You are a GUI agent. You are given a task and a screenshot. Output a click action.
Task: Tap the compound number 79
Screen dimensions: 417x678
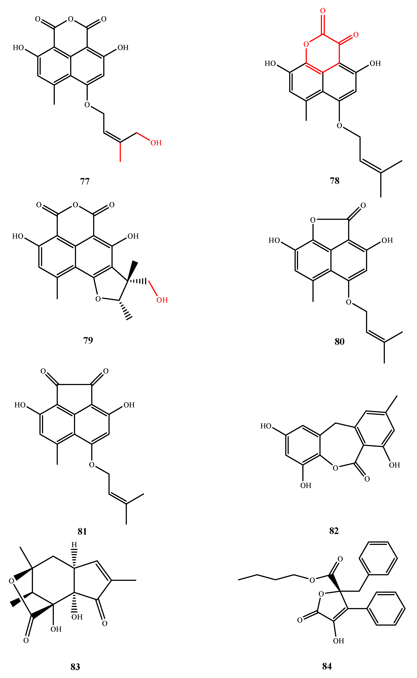pyautogui.click(x=88, y=340)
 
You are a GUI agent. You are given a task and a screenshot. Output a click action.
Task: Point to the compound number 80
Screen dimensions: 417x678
pyautogui.click(x=340, y=342)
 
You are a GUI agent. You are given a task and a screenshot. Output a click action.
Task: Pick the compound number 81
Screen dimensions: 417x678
pyautogui.click(x=82, y=531)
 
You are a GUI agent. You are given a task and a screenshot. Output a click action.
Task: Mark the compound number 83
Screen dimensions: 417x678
pyautogui.click(x=75, y=667)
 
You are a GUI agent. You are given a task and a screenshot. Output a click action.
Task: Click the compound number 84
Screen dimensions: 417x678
pyautogui.click(x=327, y=666)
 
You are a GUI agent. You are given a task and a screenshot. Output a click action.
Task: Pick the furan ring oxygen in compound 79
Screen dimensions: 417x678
pyautogui.click(x=98, y=299)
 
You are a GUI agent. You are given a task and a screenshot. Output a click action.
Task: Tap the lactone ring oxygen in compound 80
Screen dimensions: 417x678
pyautogui.click(x=312, y=220)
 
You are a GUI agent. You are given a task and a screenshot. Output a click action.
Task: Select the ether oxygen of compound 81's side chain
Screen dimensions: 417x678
pyautogui.click(x=92, y=465)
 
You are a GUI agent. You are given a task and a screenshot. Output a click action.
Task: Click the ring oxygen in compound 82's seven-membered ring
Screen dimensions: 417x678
pyautogui.click(x=335, y=468)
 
